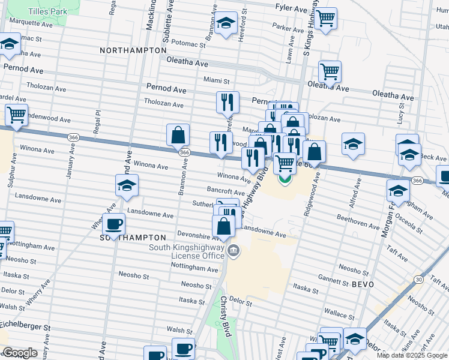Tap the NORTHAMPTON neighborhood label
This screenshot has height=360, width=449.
[x=133, y=50]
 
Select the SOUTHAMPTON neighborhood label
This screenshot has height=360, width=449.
[x=132, y=238]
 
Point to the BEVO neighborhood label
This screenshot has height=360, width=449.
[x=363, y=284]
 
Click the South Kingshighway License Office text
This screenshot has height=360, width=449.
[x=189, y=251]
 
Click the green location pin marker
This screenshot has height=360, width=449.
[x=285, y=179]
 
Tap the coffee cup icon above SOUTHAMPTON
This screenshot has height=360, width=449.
[x=113, y=224]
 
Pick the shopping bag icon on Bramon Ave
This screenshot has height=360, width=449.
[x=178, y=135]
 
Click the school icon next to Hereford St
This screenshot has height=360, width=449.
[x=226, y=24]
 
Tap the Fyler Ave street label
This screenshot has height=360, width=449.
[x=291, y=7]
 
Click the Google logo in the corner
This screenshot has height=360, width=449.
[x=20, y=353]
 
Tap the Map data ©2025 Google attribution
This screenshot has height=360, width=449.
[x=412, y=355]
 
